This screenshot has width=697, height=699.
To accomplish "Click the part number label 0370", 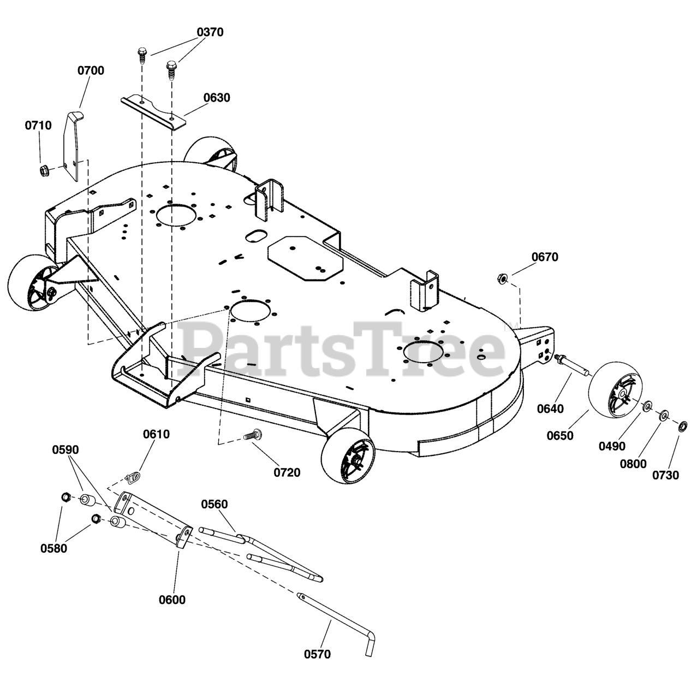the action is [x=210, y=32].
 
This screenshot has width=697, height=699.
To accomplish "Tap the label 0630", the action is [x=217, y=98].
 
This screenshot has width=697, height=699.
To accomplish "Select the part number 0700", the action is [x=91, y=70].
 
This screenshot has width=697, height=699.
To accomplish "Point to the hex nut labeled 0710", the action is [x=43, y=170].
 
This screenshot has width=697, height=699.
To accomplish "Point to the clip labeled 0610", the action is [x=132, y=478].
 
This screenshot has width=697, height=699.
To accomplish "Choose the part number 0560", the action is [x=215, y=504].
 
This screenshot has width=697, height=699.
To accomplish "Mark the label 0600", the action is [x=172, y=600].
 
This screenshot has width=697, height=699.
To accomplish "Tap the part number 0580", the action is [x=54, y=548].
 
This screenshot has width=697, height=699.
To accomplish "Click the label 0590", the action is [x=65, y=450].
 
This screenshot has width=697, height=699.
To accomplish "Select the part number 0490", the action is [x=612, y=446].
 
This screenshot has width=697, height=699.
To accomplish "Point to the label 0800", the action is [x=633, y=464].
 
